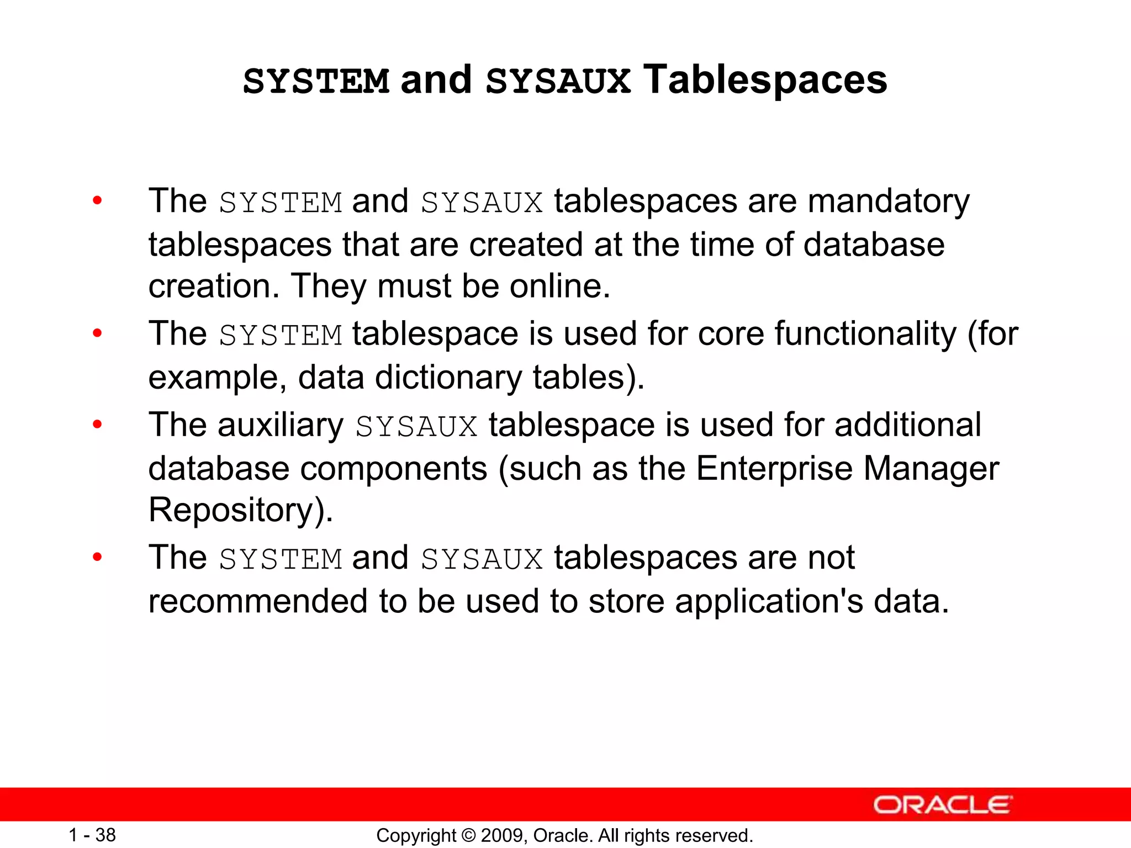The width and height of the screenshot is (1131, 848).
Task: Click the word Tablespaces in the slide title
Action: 765,81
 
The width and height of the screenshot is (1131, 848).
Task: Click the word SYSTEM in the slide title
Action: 316,82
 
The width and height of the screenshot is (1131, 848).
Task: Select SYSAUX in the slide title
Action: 558,82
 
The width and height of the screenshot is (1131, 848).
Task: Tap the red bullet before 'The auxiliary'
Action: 98,425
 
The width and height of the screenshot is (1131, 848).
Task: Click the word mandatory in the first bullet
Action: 888,201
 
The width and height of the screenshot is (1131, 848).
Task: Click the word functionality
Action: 865,335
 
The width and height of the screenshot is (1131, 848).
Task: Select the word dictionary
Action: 448,378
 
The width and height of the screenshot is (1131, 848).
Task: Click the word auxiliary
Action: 281,425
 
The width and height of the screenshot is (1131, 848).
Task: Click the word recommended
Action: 258,601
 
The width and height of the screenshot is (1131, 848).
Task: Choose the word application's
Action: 769,601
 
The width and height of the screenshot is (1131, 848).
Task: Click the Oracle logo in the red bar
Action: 942,805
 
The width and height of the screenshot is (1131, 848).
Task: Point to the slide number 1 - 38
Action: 92,835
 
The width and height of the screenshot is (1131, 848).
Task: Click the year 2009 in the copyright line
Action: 499,836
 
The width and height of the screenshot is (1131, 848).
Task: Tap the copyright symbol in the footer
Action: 468,836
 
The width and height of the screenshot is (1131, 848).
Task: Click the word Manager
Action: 931,469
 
